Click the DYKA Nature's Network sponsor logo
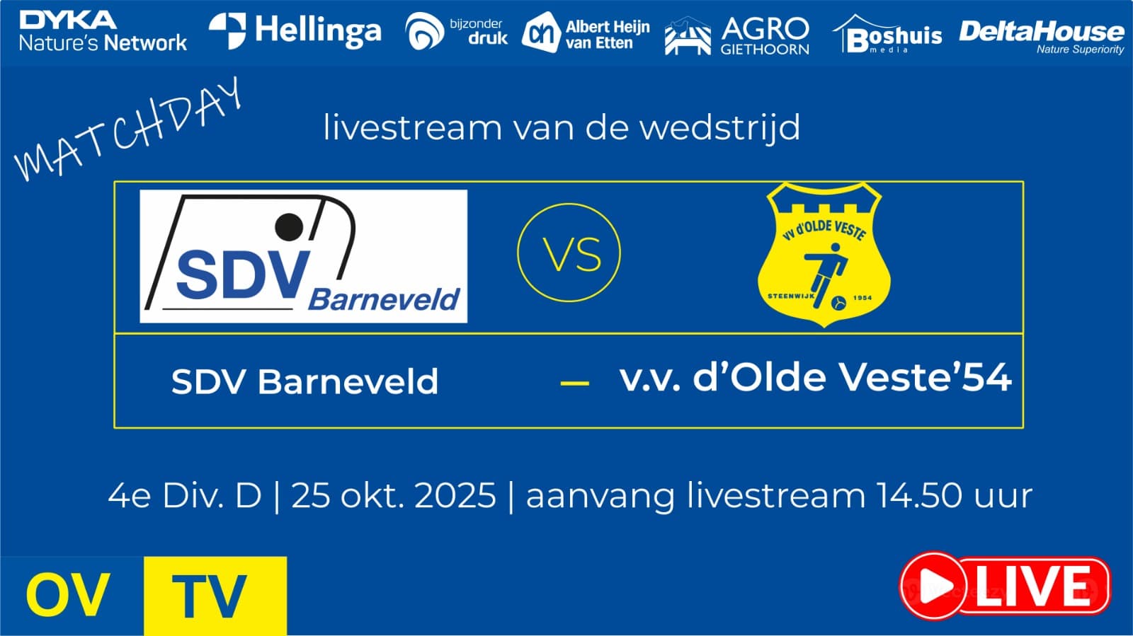(x=103, y=31)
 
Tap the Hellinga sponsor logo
(x=295, y=31)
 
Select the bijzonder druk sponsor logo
(x=456, y=31)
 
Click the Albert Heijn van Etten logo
(x=586, y=33)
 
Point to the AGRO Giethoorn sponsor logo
(x=737, y=35)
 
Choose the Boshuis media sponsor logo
(x=887, y=34)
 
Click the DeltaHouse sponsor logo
(x=1042, y=37)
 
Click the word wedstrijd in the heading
(x=720, y=127)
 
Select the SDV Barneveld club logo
(x=304, y=256)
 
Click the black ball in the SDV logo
(x=289, y=227)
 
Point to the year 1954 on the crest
(x=863, y=298)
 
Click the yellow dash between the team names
(x=574, y=383)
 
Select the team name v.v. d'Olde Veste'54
(x=815, y=378)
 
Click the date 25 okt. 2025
(x=394, y=495)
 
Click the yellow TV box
(x=215, y=596)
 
